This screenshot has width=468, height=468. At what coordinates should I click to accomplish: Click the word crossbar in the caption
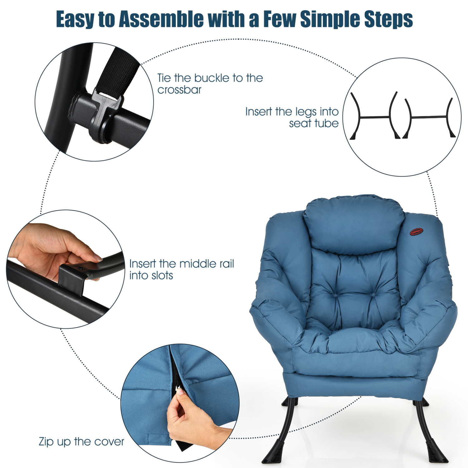179,90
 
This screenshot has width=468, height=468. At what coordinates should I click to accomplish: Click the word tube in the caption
326,124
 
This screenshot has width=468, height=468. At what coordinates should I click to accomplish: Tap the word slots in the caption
160,275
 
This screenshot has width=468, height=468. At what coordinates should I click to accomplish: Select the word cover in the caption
109,442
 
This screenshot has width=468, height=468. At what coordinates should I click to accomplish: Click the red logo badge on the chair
416,232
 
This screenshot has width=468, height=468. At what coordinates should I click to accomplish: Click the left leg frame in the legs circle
374,117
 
